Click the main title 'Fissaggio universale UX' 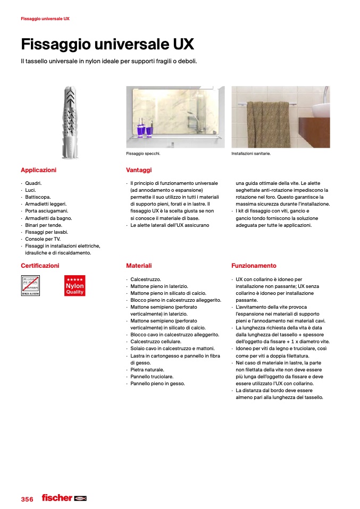(107, 44)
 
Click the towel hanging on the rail (268, 121)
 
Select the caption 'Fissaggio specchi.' (143, 154)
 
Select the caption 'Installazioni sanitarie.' (251, 154)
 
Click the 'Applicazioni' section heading (38, 170)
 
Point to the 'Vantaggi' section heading (139, 170)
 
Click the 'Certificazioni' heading (40, 266)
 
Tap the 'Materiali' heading (139, 266)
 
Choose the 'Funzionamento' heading (254, 266)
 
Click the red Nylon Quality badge (74, 286)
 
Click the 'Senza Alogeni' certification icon (30, 286)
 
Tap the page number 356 (27, 499)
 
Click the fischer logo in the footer (64, 498)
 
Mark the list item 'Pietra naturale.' (147, 369)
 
